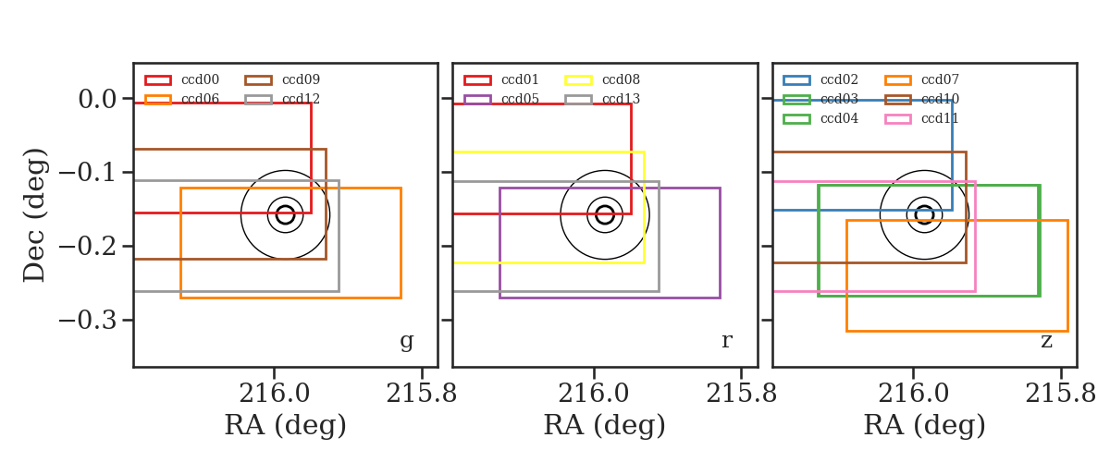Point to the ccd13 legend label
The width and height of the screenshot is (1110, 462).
point(621,99)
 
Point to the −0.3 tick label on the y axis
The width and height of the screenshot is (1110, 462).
point(88,321)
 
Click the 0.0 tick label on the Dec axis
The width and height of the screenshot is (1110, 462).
point(98,99)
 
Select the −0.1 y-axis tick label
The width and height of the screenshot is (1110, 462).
point(88,173)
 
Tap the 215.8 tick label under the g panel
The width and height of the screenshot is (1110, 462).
point(421,395)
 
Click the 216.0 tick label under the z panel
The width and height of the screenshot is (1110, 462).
point(913,395)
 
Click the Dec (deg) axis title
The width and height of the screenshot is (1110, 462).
point(35,215)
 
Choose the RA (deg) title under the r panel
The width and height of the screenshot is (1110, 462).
point(605,425)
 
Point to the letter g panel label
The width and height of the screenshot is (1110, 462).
point(406,341)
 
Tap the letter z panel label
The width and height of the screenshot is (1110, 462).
point(1046,341)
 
